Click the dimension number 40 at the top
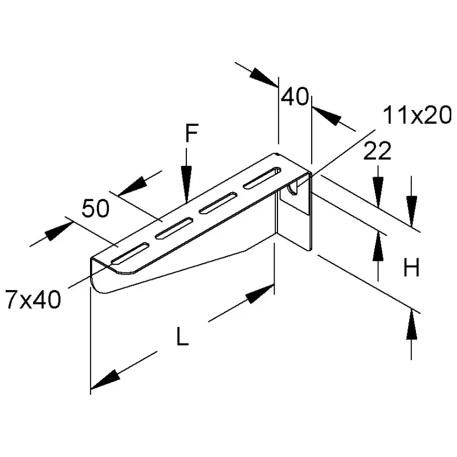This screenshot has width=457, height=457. point(295,97)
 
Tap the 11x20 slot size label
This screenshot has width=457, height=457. point(417,116)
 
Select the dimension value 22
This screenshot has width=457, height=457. point(377,152)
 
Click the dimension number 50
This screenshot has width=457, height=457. point(95,209)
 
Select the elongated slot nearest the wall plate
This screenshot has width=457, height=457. point(263,177)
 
